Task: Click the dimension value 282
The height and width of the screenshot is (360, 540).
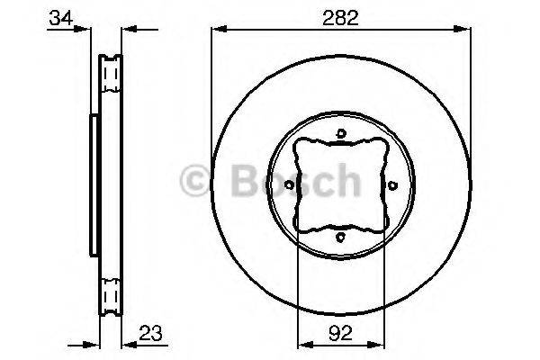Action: click(341, 15)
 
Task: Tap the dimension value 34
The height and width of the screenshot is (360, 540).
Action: click(61, 15)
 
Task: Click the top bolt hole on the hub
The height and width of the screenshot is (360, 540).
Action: click(341, 135)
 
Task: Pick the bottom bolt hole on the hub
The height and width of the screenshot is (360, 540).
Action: click(341, 237)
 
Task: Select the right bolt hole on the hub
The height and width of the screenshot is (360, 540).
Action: click(392, 185)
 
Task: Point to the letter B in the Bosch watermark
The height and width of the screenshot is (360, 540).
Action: click(245, 184)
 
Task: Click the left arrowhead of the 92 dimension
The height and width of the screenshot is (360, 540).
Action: click(302, 343)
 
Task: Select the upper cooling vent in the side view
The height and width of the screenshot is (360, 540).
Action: click(112, 71)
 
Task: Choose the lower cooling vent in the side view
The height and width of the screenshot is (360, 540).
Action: click(112, 295)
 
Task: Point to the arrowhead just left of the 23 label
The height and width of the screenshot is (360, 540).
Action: click(126, 343)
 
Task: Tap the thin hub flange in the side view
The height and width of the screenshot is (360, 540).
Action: click(93, 184)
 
